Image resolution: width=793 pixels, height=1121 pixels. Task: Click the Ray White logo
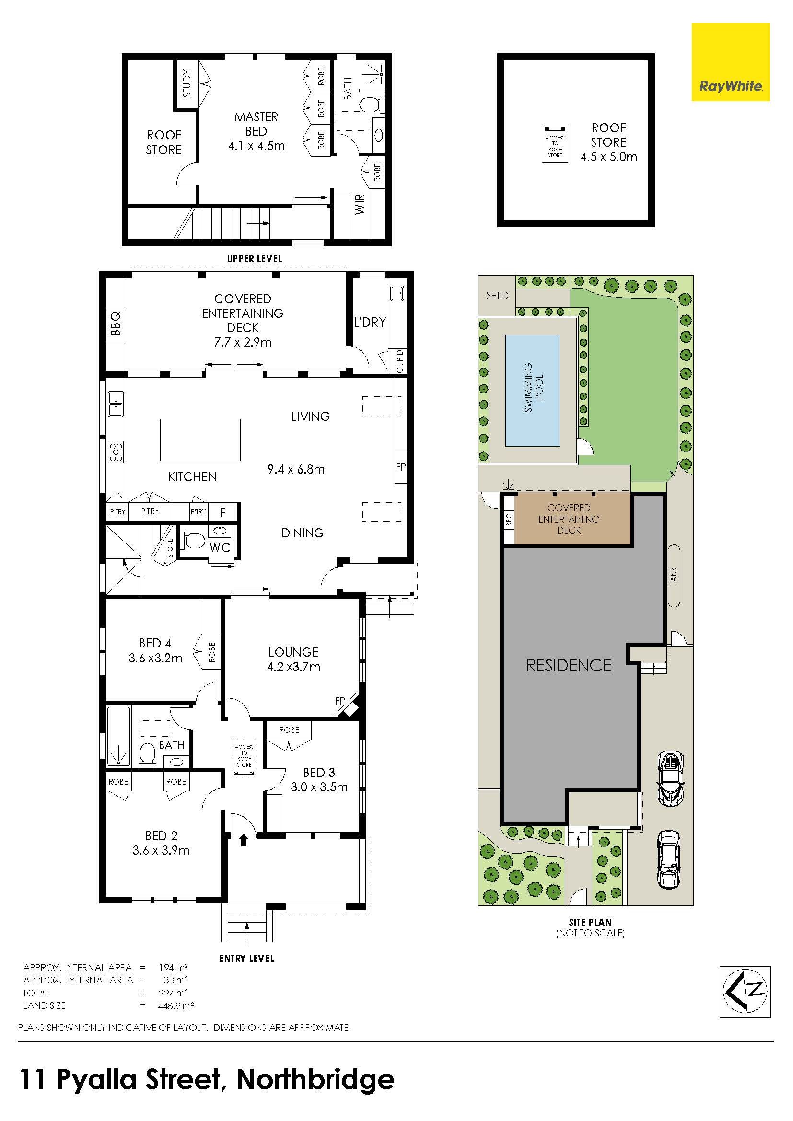tap(731, 62)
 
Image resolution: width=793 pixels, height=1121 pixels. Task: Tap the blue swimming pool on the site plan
tap(532, 390)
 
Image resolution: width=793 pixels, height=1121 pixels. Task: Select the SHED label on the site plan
tap(497, 295)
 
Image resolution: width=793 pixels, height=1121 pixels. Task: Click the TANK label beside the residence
tap(674, 576)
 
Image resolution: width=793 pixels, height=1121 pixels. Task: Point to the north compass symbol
tap(745, 992)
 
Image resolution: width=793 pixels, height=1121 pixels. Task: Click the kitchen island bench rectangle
tap(200, 439)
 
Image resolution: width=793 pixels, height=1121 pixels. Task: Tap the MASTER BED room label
tap(257, 124)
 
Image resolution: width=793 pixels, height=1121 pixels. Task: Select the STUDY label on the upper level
tap(187, 83)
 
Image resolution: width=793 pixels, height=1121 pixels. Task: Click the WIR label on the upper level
tap(361, 204)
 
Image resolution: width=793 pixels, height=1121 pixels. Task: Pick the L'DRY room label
tap(370, 322)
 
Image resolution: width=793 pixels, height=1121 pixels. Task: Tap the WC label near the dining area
tap(220, 547)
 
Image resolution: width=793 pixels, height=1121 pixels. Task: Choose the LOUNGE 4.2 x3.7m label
tap(293, 659)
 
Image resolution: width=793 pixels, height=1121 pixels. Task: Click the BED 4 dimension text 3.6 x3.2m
tap(155, 658)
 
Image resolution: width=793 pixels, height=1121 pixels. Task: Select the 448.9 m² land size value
tap(176, 1005)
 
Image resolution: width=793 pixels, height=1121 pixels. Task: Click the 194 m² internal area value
tap(174, 967)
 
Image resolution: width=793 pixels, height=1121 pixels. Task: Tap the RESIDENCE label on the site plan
tap(569, 666)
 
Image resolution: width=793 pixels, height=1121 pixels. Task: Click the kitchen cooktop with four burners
tap(116, 452)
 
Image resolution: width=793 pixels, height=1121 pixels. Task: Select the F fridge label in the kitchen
tap(223, 512)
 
